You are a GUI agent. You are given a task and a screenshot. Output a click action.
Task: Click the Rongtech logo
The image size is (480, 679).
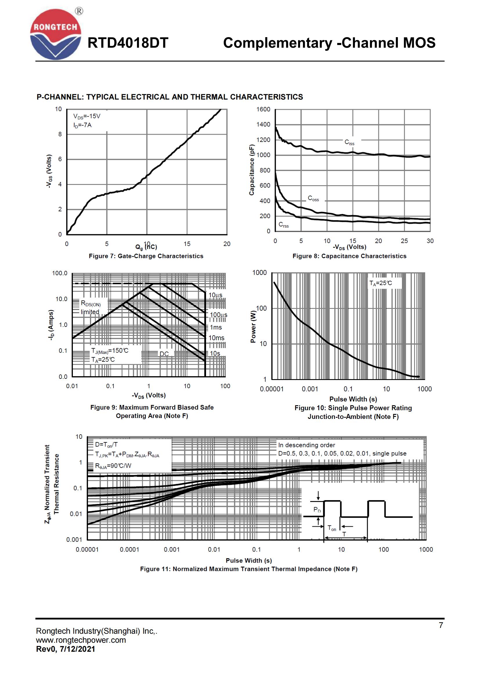tap(55, 35)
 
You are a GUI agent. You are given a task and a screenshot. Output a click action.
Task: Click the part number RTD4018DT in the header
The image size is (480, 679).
tap(128, 43)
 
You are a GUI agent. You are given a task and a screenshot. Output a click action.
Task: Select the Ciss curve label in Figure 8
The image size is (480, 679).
tap(349, 143)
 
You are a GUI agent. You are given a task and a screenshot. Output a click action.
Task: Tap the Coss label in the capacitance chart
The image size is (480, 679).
tap(313, 199)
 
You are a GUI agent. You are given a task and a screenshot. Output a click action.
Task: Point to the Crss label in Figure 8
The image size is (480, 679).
tap(284, 225)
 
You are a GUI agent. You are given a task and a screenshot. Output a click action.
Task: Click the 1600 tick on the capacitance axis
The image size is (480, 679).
tap(263, 109)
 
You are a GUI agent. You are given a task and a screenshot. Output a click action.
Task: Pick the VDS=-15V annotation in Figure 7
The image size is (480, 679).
tap(87, 116)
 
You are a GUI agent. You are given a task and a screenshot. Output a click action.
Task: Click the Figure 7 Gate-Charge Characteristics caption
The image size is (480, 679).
tap(146, 256)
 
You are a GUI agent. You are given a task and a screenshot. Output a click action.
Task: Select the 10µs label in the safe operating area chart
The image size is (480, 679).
tap(215, 295)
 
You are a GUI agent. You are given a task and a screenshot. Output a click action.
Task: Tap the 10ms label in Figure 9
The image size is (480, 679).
tap(216, 338)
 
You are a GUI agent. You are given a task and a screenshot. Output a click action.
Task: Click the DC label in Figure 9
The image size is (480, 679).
tap(164, 354)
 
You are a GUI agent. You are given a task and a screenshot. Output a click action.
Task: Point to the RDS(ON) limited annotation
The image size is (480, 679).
tap(91, 307)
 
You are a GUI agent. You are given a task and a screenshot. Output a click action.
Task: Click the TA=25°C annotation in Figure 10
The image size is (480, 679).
tap(381, 283)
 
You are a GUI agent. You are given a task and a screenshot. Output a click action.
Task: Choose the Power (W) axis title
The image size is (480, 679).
tap(253, 327)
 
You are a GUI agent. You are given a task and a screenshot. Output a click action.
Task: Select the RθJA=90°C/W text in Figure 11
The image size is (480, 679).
tap(113, 466)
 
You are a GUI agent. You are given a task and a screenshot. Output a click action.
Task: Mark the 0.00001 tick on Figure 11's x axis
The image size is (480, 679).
tap(87, 550)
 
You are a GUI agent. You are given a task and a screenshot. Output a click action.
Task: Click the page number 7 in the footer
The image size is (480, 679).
tap(441, 625)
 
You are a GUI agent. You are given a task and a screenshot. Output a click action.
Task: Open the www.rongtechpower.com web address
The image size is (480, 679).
tap(81, 640)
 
